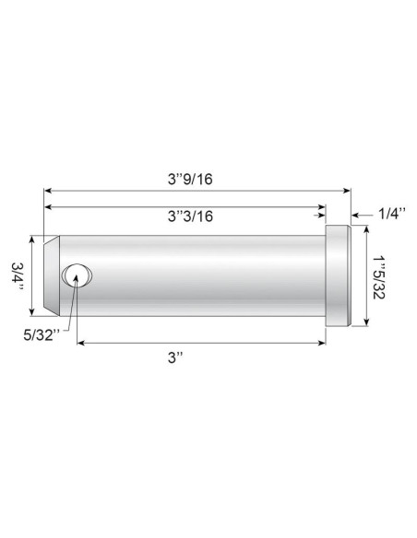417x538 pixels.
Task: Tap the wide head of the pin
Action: point(338,275)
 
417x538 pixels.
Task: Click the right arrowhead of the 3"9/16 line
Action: point(346,192)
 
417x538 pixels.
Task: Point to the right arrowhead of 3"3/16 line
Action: point(322,208)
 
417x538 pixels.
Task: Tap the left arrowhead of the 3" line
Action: point(81,342)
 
